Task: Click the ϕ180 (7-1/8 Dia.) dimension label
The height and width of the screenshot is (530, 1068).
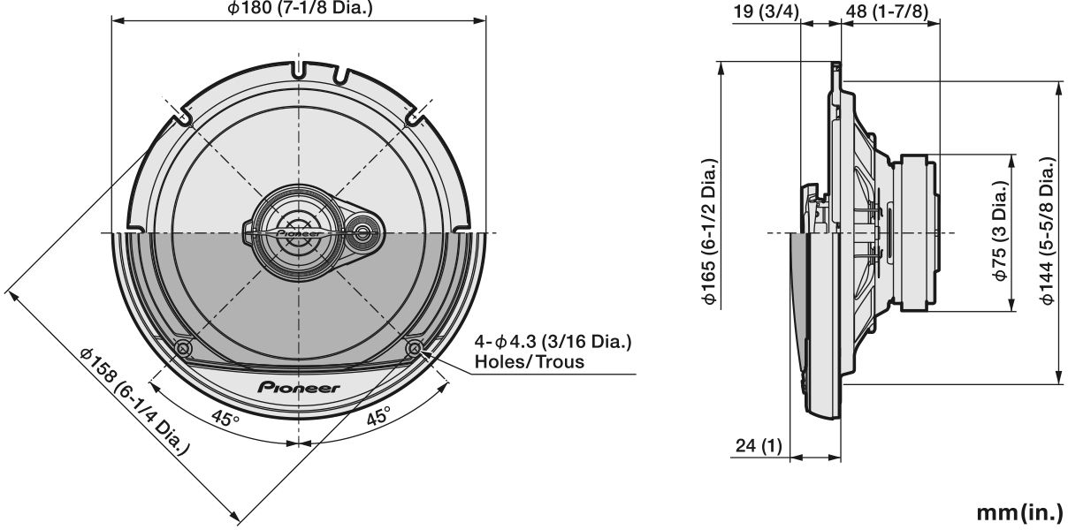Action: [x=300, y=8]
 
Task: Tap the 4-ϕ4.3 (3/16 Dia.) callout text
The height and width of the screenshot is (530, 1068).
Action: [x=553, y=342]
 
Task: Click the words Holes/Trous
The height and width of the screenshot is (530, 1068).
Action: [x=529, y=362]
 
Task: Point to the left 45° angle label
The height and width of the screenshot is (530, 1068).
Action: [x=225, y=416]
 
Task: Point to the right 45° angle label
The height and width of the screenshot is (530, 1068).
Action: [x=378, y=416]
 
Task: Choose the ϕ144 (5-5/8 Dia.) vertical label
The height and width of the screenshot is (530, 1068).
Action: [x=1048, y=232]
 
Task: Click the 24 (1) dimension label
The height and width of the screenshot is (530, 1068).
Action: [x=759, y=447]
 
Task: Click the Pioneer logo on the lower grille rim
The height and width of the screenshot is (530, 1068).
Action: [x=299, y=386]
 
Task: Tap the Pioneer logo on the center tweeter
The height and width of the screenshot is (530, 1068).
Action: [x=300, y=233]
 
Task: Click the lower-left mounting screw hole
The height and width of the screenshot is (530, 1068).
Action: [x=183, y=349]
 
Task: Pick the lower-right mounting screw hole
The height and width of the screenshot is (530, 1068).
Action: [x=414, y=349]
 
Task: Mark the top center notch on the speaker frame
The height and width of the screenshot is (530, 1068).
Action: [x=300, y=66]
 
